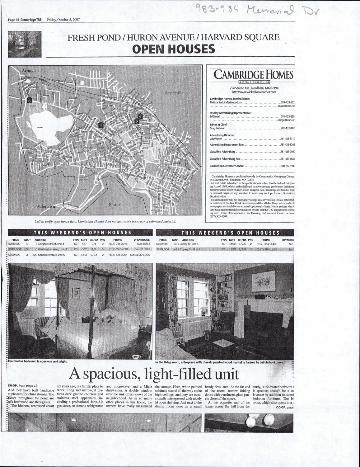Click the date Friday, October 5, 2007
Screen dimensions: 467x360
tap(63, 20)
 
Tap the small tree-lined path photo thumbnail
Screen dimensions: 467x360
tap(25, 44)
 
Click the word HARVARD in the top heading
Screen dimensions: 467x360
tap(221, 38)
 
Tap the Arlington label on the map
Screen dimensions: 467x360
tap(30, 70)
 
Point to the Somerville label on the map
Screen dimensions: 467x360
tap(174, 93)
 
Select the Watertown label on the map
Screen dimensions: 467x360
tap(45, 206)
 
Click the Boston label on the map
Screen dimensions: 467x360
tap(115, 205)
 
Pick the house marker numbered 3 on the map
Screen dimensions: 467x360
tap(29, 101)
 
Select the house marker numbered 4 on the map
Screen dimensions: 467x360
tap(100, 125)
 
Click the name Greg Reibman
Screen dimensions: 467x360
tap(217, 128)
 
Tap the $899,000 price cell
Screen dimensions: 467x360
tap(162, 249)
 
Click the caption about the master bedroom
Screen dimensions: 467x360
tap(38, 361)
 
